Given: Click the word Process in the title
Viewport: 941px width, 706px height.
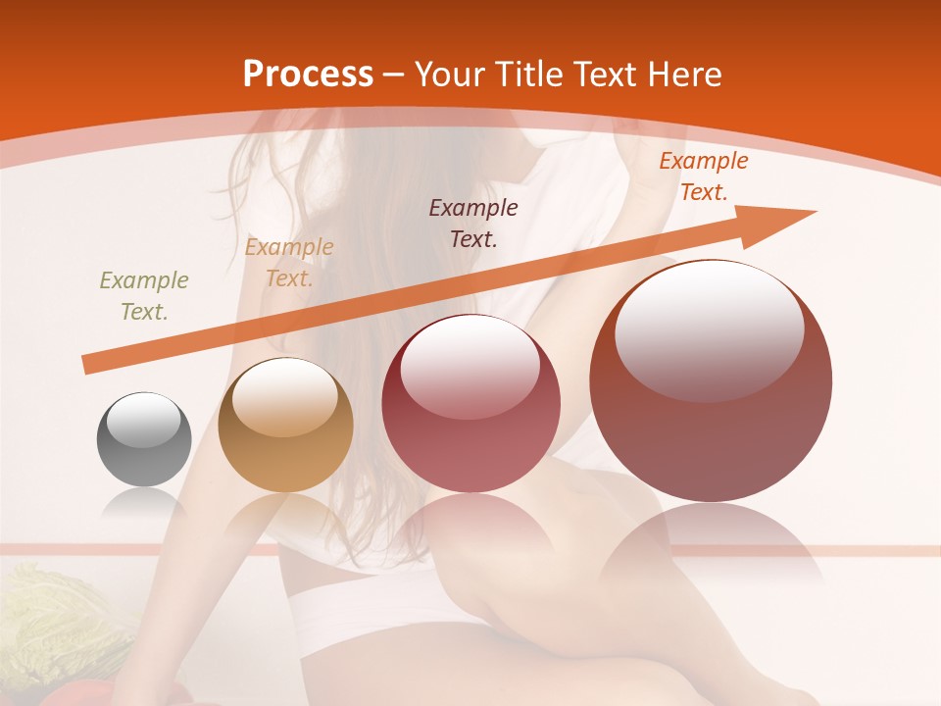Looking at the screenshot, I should tap(307, 75).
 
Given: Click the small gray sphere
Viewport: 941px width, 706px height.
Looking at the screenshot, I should tap(144, 439).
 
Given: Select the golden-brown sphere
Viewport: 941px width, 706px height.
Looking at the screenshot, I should tap(285, 425).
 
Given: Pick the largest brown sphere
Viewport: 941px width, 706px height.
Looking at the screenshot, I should tap(711, 380).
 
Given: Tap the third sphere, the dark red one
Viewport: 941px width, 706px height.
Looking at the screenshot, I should tap(470, 403).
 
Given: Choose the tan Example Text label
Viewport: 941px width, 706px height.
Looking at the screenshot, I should tap(289, 263).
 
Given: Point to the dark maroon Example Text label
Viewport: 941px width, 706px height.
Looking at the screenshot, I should tap(473, 223).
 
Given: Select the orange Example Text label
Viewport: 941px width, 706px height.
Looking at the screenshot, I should tap(703, 176).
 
